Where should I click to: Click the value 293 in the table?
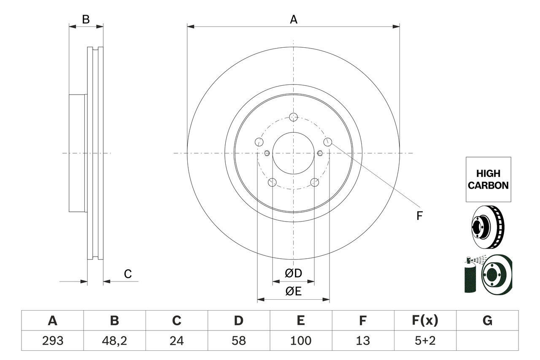[x=52, y=341]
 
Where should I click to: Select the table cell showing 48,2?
[x=114, y=341]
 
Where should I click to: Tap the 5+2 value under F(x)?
[x=425, y=341]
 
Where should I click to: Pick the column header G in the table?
[x=487, y=321]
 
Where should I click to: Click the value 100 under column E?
[x=300, y=341]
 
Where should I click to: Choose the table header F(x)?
[x=425, y=321]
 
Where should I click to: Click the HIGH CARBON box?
[x=488, y=179]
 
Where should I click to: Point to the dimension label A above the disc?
[x=293, y=19]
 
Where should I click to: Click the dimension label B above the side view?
[x=86, y=19]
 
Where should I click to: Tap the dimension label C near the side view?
[x=128, y=274]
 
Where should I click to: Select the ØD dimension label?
[x=293, y=273]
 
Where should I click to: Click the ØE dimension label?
[x=293, y=292]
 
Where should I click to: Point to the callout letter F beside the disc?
[x=419, y=216]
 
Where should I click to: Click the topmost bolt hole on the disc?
[x=294, y=117]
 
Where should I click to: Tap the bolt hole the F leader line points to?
[x=327, y=141]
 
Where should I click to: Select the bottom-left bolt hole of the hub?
[x=273, y=182]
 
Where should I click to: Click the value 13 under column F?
[x=362, y=341]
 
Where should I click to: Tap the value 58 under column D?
[x=238, y=341]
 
